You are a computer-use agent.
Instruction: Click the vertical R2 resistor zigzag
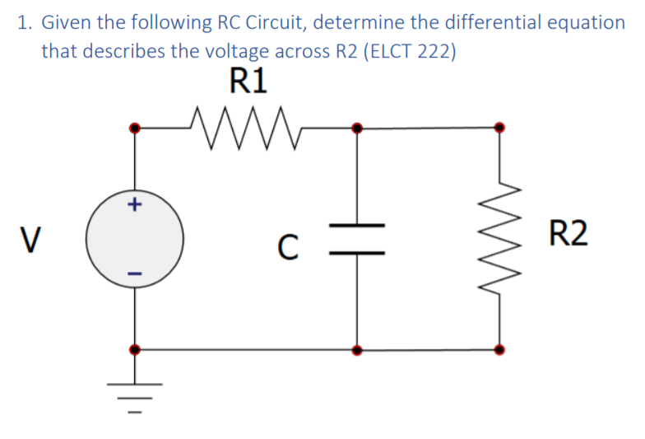(499, 238)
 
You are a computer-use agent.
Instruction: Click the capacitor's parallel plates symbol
(356, 239)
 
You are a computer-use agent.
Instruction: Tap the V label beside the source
(30, 238)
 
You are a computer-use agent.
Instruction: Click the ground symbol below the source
(136, 394)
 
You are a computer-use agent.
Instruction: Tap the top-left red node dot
(136, 128)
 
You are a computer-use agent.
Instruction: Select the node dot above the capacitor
(356, 128)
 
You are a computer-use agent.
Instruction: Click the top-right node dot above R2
(499, 128)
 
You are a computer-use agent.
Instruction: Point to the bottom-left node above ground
(136, 349)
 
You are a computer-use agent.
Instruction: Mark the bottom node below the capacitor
(356, 349)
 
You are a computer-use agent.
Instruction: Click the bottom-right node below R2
(499, 349)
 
